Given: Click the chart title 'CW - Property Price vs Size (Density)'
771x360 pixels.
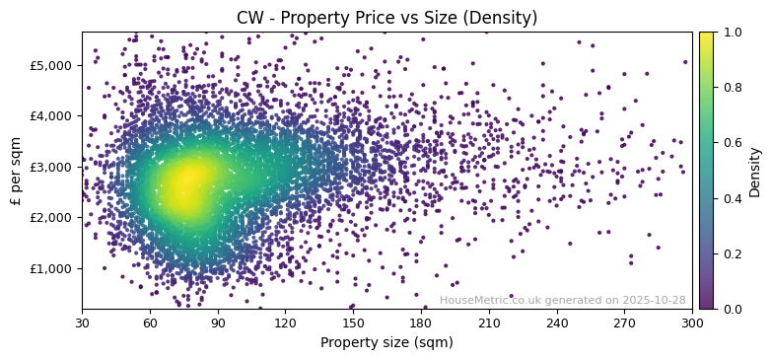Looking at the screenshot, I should pos(386,18).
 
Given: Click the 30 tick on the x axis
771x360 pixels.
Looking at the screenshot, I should pos(82,323).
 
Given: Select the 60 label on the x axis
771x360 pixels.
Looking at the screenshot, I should pos(150,323).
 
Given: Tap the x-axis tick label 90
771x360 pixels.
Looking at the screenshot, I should pos(218,323).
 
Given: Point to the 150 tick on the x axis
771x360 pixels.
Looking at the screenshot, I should pos(353,323).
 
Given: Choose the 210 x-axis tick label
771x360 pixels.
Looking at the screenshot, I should pos(489,323).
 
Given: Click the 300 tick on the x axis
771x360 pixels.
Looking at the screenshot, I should pos(692,323).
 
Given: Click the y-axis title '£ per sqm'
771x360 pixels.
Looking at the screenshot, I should pos(16,171).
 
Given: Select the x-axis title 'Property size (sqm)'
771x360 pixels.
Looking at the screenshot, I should pos(386,342).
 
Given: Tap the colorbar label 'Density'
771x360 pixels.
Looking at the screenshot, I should pos(755,171).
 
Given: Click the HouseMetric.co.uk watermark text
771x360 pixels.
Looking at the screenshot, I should pos(562,300).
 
